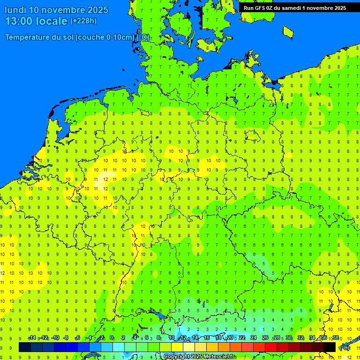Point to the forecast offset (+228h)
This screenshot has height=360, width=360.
click(83, 21)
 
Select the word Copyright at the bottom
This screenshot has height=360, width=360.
click(177, 357)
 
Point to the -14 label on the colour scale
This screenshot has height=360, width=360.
click(32, 338)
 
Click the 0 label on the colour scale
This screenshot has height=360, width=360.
click(112, 338)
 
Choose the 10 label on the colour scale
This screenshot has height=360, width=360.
click(172, 338)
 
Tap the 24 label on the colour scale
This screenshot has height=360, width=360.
click(254, 338)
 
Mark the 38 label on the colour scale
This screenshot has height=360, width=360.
click(336, 338)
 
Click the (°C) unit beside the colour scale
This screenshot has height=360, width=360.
click(345, 348)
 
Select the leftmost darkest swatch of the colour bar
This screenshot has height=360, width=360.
click(25, 347)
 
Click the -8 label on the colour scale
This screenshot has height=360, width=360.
click(66, 338)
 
